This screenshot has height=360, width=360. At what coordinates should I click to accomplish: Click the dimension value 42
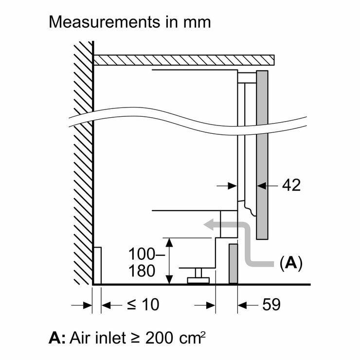[x=290, y=185]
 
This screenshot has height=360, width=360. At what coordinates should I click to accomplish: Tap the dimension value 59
[x=270, y=305]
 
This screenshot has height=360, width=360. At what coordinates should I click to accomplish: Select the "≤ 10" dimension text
[x=143, y=305]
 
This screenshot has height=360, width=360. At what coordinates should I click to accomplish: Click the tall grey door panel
[x=262, y=155]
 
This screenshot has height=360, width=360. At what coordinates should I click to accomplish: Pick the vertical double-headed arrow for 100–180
[x=168, y=261]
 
